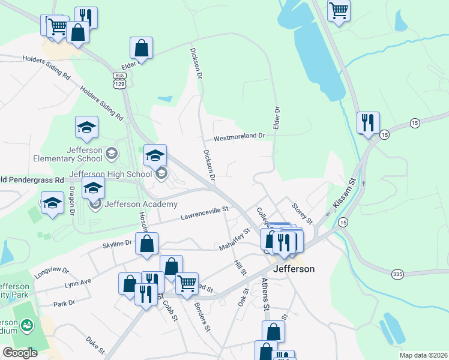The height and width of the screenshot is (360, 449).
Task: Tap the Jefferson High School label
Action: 110,175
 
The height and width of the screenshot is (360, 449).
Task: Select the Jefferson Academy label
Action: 132,203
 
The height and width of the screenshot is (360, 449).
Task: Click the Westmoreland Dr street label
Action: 239,136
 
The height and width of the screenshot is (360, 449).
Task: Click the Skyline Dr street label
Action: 116,243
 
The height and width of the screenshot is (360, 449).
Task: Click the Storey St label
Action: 302,213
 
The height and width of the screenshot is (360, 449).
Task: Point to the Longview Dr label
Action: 52,271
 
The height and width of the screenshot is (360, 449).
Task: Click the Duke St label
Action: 95,346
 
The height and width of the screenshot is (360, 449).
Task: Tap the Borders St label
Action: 202,317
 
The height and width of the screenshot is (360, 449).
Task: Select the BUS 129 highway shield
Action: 121,80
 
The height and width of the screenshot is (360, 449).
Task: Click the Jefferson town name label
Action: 294,269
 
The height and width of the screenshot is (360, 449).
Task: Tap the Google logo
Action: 20,352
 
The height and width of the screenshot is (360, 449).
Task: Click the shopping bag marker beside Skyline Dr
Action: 147,244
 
